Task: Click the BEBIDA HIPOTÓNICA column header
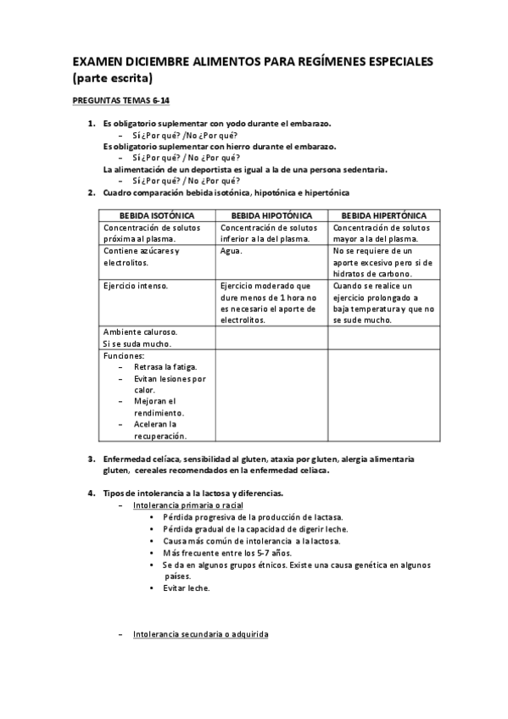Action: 271,216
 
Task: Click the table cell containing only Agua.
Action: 231,251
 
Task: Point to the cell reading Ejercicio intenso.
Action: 136,286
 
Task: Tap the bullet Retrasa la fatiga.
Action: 165,367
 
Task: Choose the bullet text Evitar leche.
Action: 187,588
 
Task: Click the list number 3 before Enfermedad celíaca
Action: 91,459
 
